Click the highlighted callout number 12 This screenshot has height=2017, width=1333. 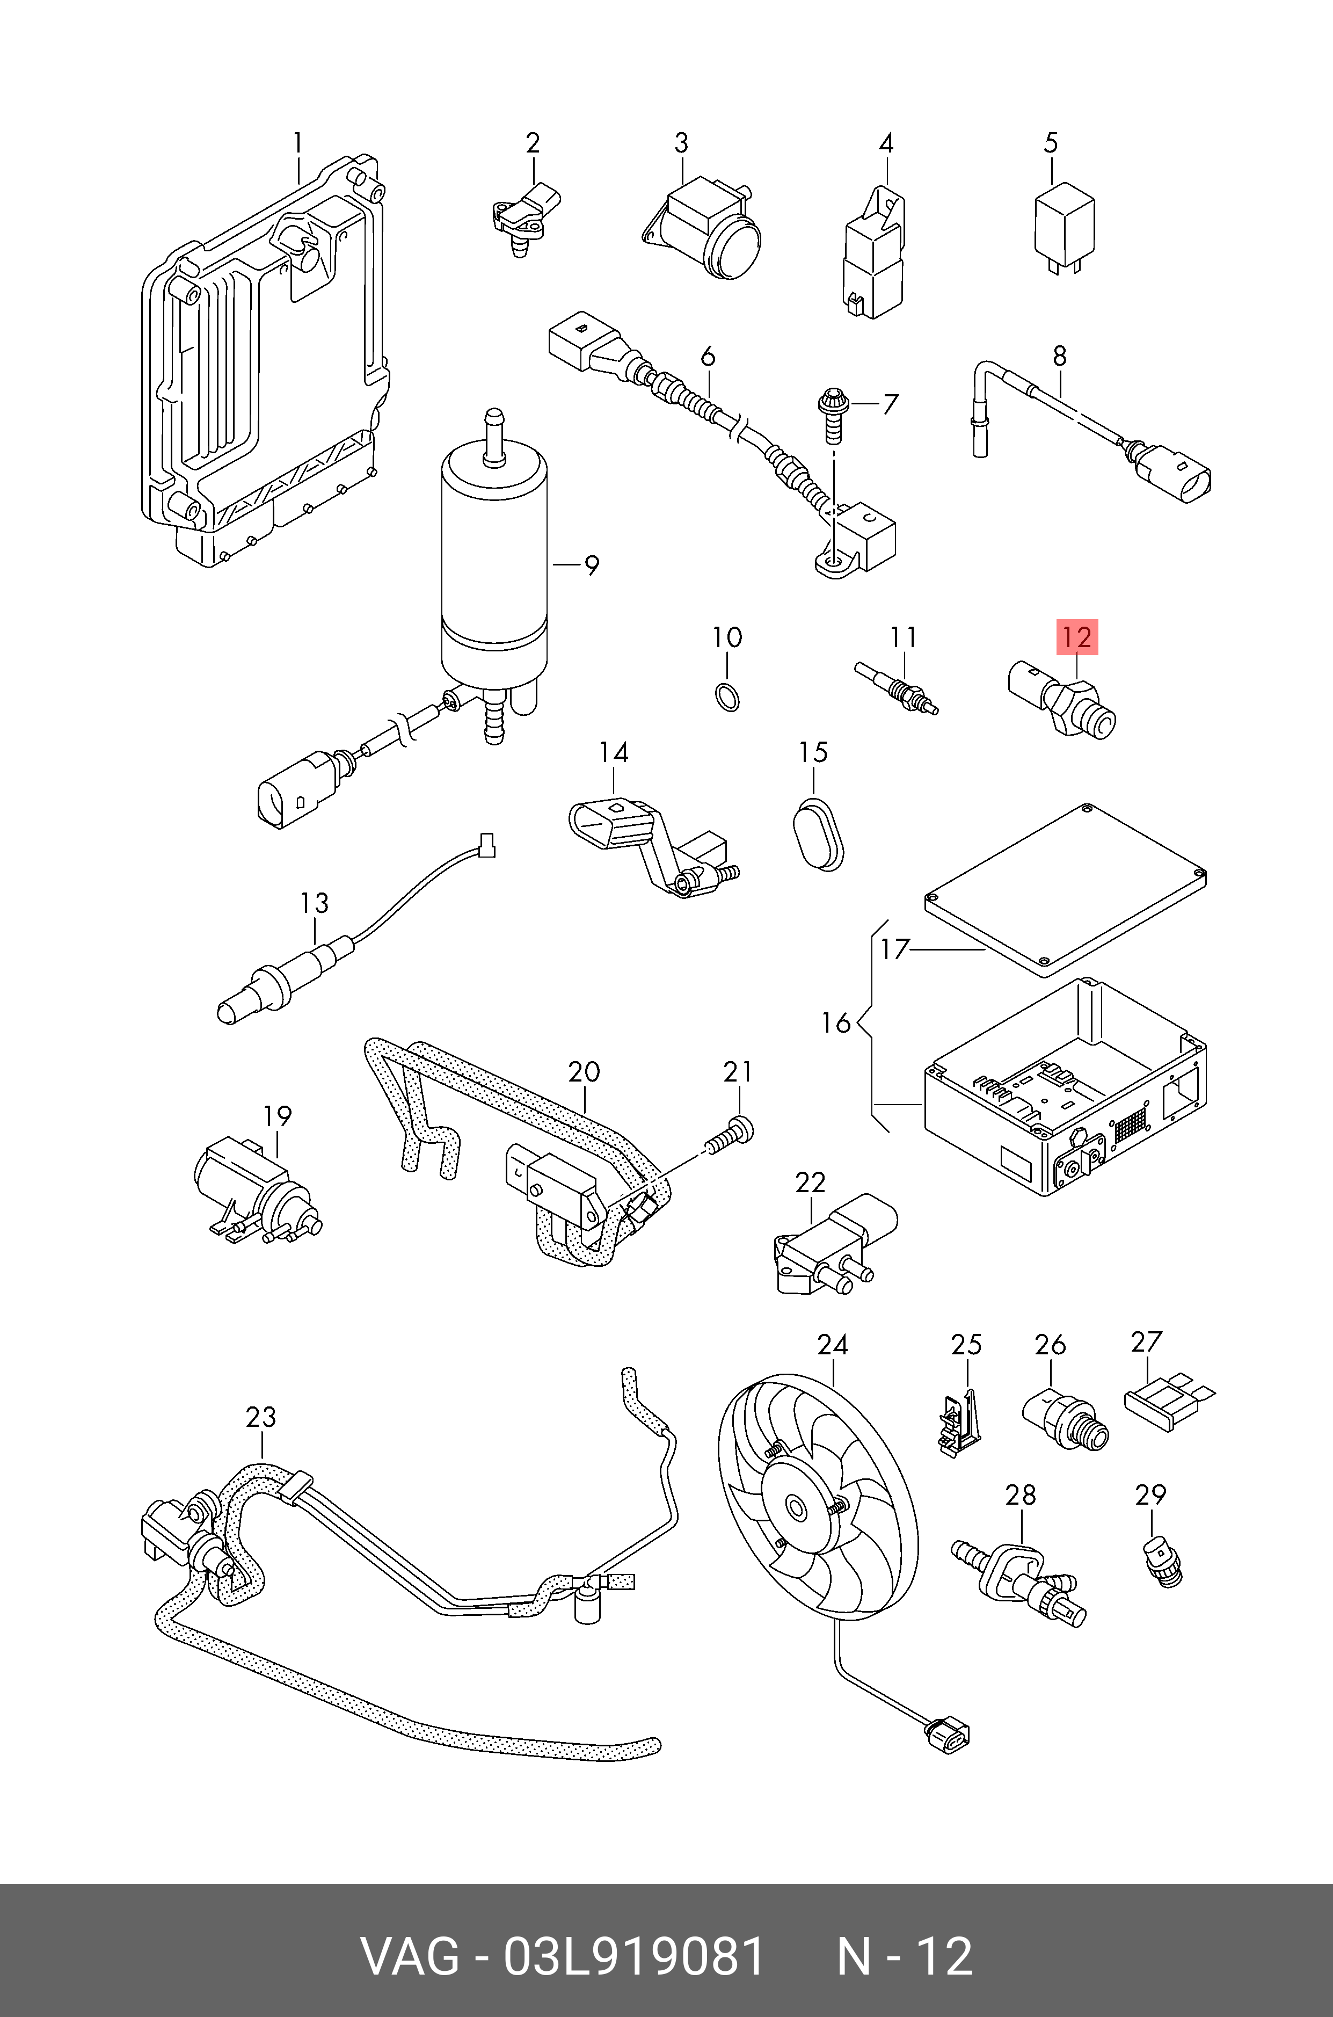[x=1076, y=638]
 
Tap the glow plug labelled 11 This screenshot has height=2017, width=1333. [x=897, y=686]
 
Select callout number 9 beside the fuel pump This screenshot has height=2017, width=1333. [x=591, y=565]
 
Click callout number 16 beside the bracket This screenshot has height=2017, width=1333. [x=836, y=1023]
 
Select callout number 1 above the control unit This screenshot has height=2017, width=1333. [x=297, y=143]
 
